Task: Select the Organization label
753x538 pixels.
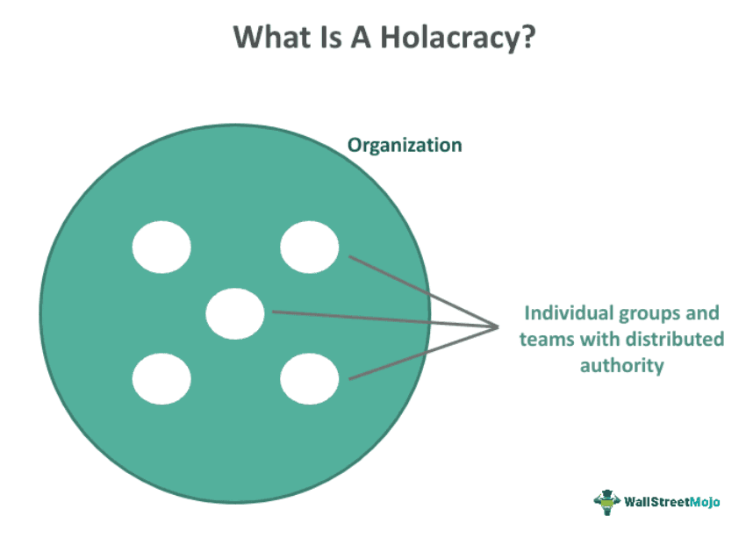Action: (405, 145)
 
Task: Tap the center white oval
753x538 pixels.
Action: (235, 313)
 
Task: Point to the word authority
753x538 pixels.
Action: (621, 365)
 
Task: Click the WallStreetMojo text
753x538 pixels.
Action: (672, 502)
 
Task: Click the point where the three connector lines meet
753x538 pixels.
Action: (498, 326)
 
